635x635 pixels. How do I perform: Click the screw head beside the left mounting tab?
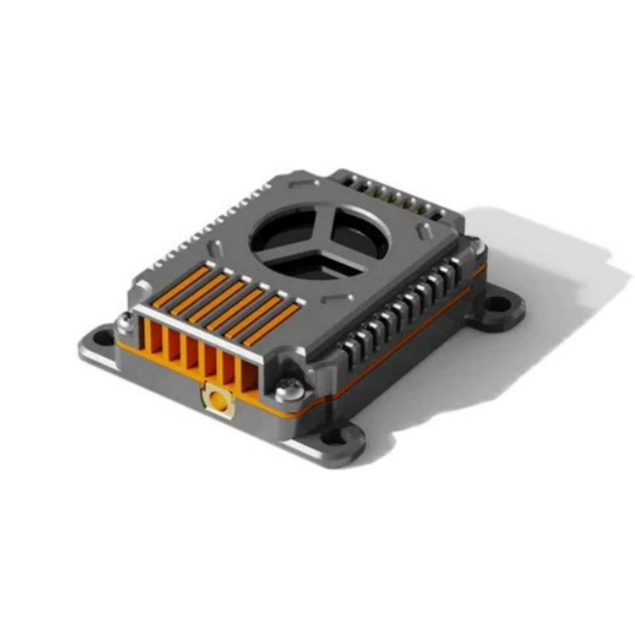coord(125,323)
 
